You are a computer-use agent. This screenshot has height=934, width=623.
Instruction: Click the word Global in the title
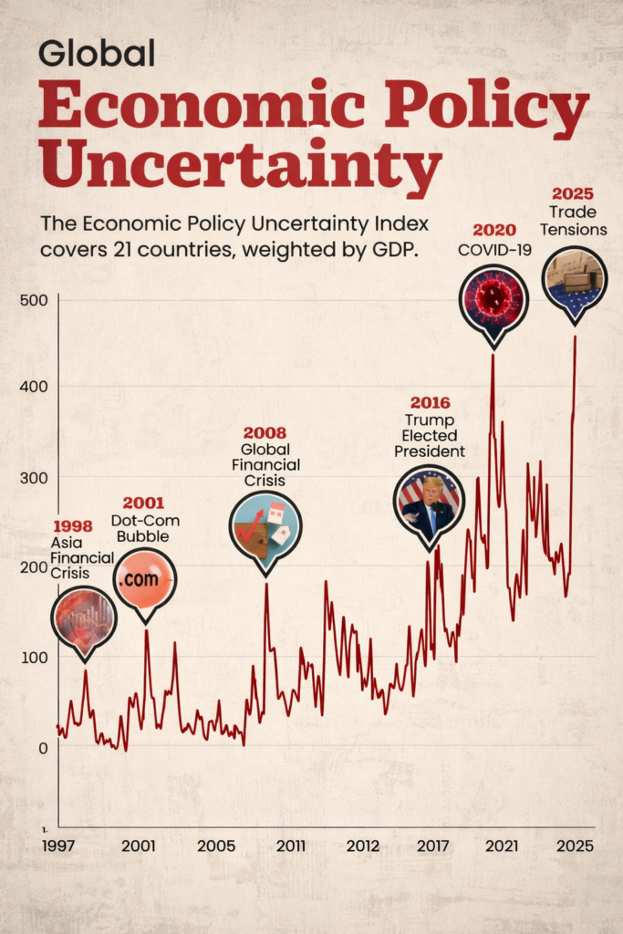96,54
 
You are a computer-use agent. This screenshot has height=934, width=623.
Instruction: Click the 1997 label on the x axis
59,846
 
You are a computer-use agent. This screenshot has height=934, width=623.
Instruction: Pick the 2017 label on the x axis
432,846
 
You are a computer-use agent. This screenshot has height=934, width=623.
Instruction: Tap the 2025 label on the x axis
576,846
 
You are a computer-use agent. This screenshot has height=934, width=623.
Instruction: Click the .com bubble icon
144,579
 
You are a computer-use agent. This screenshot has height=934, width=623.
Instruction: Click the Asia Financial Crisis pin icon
84,617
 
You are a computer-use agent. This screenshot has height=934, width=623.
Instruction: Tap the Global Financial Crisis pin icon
265,527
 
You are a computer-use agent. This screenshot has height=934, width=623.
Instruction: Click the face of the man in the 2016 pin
431,489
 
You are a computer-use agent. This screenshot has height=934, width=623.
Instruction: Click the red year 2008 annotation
265,433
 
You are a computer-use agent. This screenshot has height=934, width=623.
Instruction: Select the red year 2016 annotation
430,402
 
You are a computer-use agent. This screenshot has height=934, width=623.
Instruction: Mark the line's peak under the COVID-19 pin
493,356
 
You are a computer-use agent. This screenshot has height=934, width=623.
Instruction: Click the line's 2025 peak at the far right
575,337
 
